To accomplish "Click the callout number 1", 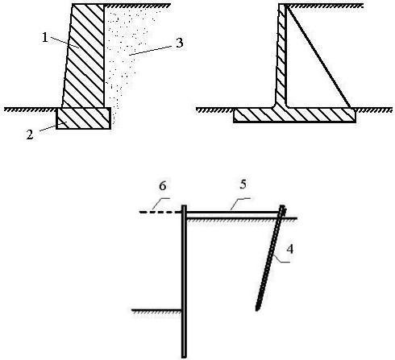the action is click(x=45, y=38).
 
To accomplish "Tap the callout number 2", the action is click(x=30, y=134).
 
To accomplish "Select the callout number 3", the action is click(x=179, y=43).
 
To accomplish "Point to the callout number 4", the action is click(x=289, y=249).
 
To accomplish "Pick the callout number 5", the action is click(x=243, y=184).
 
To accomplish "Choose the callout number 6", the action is click(x=163, y=186).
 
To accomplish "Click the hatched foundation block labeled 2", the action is click(x=84, y=118).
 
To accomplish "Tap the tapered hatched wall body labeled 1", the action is click(x=84, y=56).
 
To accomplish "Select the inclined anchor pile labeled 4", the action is click(x=269, y=259).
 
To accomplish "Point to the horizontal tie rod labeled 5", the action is click(x=232, y=213).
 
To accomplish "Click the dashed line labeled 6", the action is click(x=160, y=212).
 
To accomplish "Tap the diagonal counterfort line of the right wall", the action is click(x=318, y=56).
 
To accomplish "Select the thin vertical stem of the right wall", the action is click(x=281, y=55).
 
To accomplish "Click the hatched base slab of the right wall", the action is click(x=294, y=115).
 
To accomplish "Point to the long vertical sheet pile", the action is click(x=184, y=281).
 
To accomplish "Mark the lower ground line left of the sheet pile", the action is click(x=156, y=310).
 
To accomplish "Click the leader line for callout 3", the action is click(x=151, y=51).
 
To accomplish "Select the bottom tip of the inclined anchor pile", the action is click(x=256, y=311).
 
